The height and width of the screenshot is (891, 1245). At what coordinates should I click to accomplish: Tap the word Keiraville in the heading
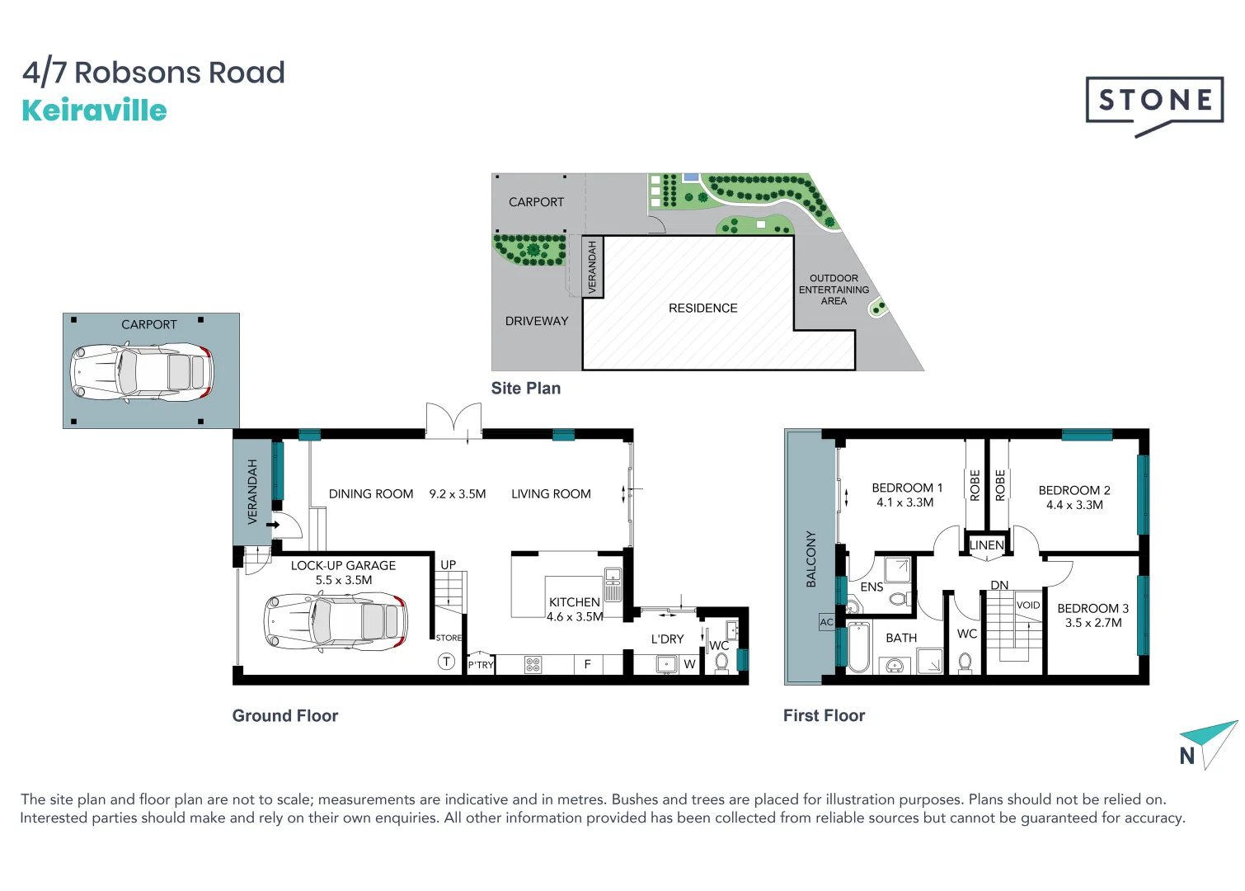coord(94,111)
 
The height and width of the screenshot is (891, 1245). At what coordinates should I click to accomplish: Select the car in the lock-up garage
coord(335,620)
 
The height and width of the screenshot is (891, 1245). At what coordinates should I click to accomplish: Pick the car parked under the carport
coord(141,373)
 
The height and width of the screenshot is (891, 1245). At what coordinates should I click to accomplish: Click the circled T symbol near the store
coord(446,662)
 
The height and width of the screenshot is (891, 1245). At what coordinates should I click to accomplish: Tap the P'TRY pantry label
coord(481,665)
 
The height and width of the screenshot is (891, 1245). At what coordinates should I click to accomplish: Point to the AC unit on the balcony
coord(826,622)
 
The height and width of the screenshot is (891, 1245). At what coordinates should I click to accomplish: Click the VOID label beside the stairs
coord(1028,605)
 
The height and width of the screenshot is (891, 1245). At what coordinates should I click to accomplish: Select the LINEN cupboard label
coord(986,545)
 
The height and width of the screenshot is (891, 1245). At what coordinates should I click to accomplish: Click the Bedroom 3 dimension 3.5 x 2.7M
coord(1092,623)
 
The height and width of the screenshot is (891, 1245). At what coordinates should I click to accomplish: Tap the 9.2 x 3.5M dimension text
coord(458,494)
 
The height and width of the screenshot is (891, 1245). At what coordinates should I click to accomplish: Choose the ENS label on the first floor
coord(871,587)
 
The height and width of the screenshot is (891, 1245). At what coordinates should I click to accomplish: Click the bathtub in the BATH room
coord(858,648)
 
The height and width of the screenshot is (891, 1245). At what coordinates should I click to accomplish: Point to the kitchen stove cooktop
coord(533,665)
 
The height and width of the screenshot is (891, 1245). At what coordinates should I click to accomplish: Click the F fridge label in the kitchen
coord(587,664)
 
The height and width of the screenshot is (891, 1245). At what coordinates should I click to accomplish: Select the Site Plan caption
coord(526,389)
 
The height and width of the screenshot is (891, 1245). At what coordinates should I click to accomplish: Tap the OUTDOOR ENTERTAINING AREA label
coord(834,290)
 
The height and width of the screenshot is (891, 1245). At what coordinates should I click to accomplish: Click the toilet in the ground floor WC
coord(721,662)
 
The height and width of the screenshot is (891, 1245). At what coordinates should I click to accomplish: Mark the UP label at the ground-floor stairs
coord(448,565)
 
